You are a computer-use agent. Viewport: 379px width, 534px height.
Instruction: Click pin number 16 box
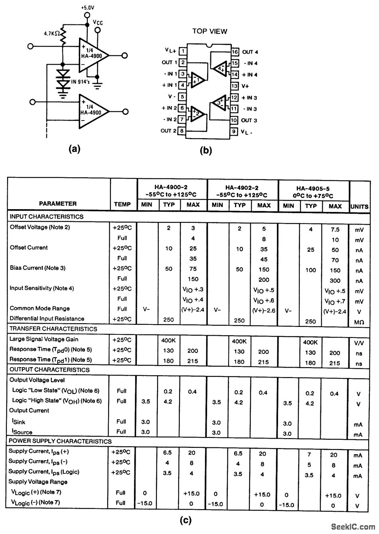[235, 52]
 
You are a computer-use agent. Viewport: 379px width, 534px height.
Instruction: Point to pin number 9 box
[234, 131]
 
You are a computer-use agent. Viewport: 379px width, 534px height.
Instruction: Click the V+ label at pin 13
[246, 86]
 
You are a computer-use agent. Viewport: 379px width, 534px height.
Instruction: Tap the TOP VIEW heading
[210, 31]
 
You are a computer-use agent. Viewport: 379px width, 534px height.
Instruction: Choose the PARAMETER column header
[58, 204]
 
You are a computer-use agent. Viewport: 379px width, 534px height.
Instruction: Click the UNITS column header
[359, 206]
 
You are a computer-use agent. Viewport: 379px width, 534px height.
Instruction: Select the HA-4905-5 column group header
[314, 192]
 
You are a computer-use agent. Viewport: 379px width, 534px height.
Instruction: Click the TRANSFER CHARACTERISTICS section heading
[53, 329]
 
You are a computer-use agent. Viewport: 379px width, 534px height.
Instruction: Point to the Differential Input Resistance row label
[47, 318]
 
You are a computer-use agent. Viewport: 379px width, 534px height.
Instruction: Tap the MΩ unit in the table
[358, 322]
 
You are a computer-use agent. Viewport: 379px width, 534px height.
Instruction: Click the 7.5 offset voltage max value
[335, 229]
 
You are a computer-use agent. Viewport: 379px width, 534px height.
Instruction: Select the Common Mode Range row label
[39, 308]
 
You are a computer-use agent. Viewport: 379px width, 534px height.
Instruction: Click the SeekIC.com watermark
[351, 527]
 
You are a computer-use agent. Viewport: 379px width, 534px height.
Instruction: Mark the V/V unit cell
[358, 342]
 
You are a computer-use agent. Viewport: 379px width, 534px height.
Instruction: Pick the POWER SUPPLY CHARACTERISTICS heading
[60, 441]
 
